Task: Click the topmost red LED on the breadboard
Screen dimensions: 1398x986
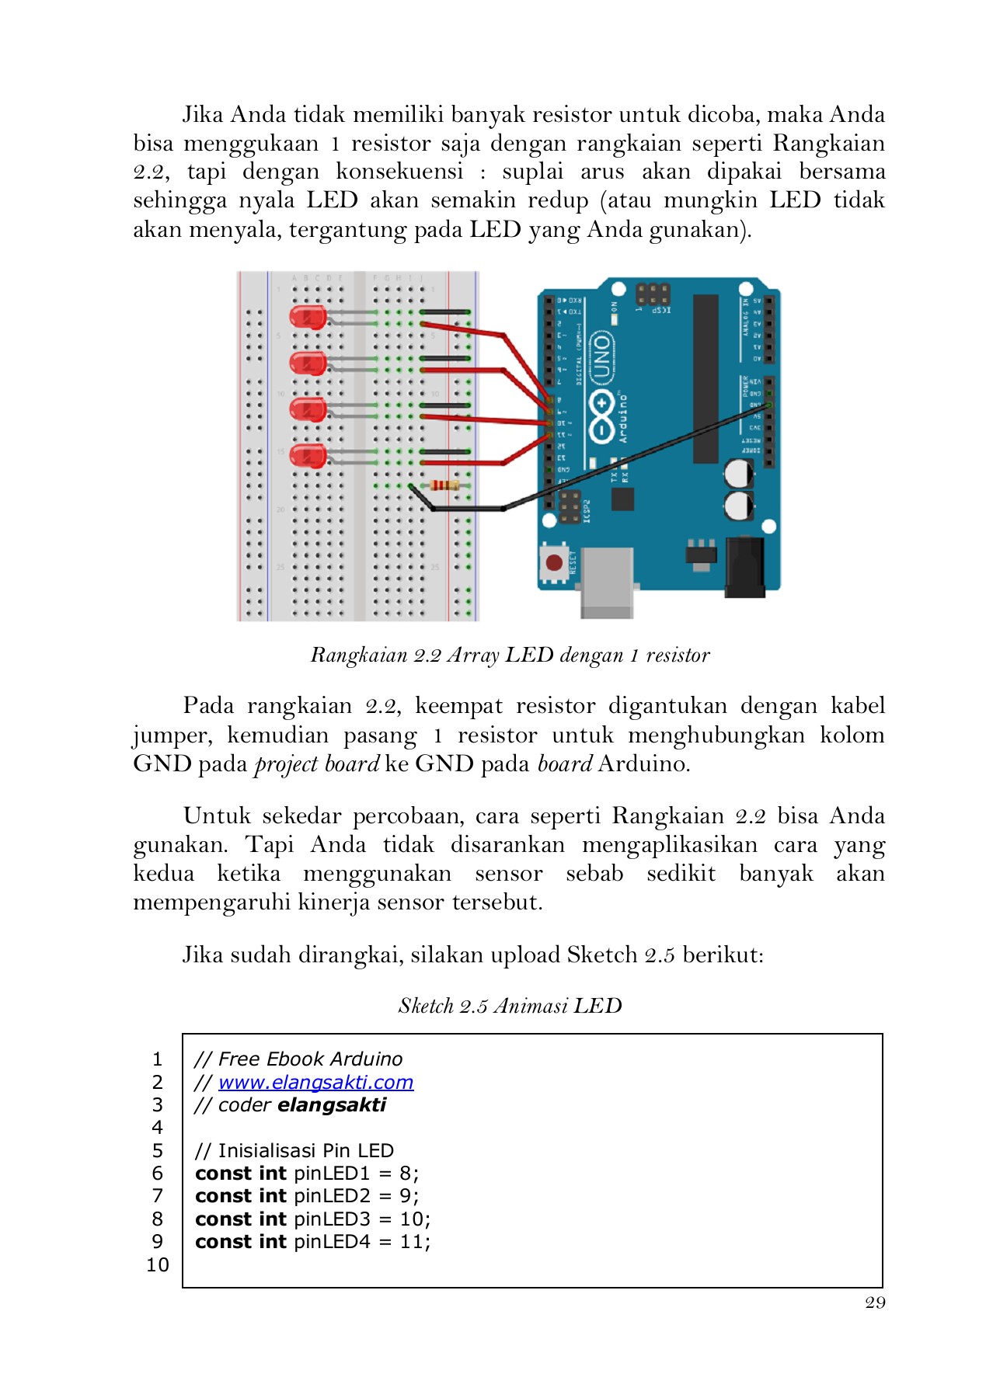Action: tap(308, 317)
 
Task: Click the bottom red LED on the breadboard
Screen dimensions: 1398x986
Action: tap(308, 456)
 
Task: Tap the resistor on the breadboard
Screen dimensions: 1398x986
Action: tap(444, 485)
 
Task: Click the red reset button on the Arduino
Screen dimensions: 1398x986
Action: tap(554, 562)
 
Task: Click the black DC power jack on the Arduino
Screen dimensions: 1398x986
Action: tap(745, 567)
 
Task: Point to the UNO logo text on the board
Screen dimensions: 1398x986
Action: tap(602, 358)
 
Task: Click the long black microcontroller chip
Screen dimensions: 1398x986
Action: tap(706, 378)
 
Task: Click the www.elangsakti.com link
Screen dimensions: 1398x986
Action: tap(315, 1082)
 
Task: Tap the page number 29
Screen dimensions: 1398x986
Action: tap(875, 1302)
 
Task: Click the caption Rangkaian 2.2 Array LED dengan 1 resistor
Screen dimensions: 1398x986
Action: tap(510, 655)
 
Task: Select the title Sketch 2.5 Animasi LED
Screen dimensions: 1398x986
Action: tap(510, 1006)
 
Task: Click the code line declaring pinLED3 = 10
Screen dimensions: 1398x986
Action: tap(312, 1219)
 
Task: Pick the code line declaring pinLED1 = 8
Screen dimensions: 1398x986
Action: tap(307, 1173)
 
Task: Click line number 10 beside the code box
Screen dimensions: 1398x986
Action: tap(158, 1264)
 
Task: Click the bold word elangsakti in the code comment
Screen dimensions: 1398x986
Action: tap(332, 1104)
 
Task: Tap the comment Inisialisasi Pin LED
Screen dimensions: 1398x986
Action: tap(294, 1150)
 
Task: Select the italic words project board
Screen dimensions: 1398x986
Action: tap(317, 764)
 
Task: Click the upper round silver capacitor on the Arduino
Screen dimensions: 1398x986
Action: tap(739, 473)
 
